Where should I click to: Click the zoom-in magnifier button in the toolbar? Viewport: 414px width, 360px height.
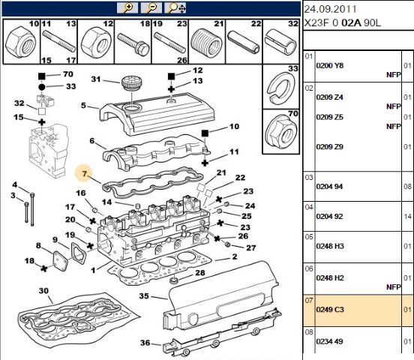tap(127, 8)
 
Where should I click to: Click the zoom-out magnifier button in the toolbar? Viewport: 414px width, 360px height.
tap(151, 8)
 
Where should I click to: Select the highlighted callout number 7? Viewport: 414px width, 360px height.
tap(84, 173)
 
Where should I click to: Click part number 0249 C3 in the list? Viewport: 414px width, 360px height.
tap(330, 309)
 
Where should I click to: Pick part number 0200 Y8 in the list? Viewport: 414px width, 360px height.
tap(330, 65)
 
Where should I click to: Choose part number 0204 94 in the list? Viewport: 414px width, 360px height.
tap(329, 187)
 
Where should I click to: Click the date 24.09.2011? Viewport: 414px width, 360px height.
tap(331, 10)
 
